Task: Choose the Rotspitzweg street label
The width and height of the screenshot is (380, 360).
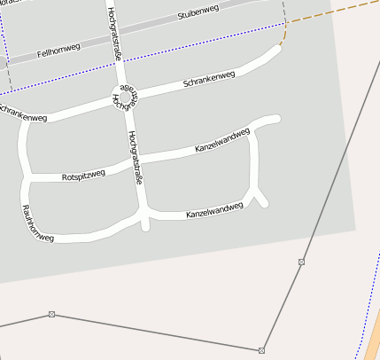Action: [83, 176]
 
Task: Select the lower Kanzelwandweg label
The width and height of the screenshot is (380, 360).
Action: [213, 211]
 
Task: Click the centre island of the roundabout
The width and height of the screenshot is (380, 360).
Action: [125, 98]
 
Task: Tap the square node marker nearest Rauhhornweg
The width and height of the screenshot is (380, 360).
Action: [51, 314]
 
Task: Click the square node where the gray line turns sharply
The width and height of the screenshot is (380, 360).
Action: [262, 350]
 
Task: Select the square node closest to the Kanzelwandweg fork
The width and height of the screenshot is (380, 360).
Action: [301, 262]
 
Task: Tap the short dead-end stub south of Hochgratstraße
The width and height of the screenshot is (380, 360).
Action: [146, 223]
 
